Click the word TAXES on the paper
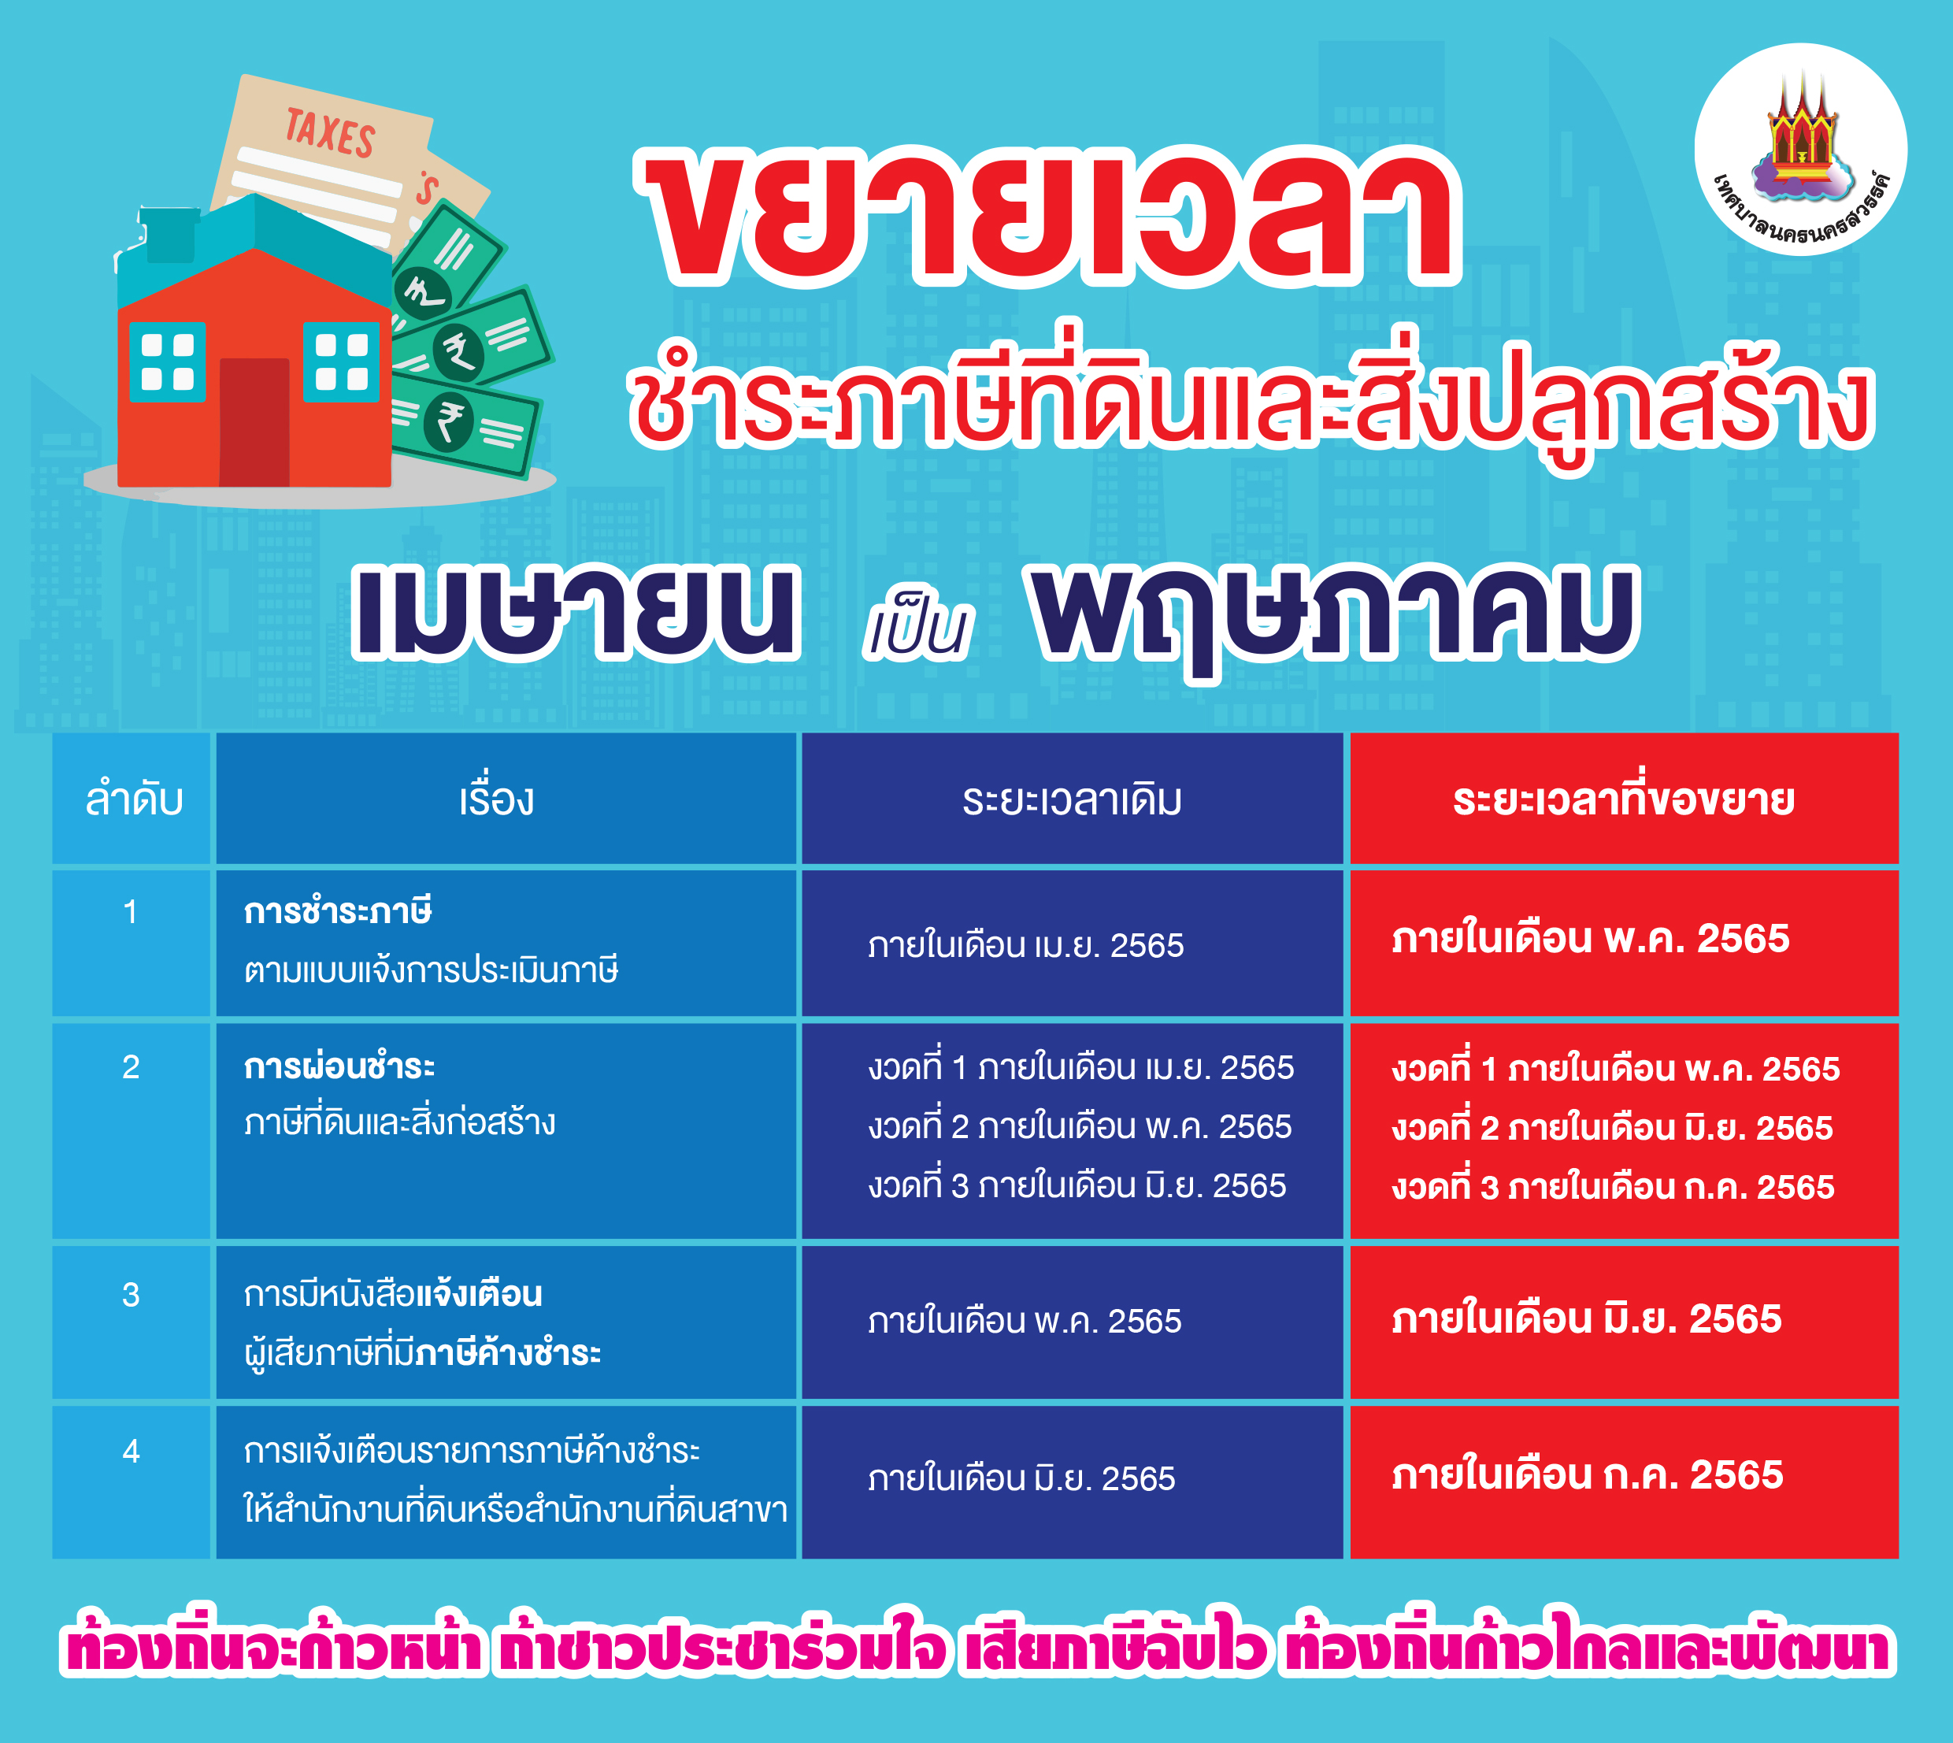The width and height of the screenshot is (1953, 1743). (x=330, y=132)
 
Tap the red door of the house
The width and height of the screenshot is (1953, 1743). (x=254, y=422)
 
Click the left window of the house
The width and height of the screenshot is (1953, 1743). (x=168, y=362)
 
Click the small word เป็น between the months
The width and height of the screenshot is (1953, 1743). (x=917, y=630)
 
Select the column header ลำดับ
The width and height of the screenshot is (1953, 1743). (x=133, y=799)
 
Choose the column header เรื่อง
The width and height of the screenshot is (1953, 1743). (x=496, y=798)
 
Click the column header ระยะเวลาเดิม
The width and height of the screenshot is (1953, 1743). (x=1073, y=799)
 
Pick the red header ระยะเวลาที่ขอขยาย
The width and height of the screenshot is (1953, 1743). (x=1624, y=799)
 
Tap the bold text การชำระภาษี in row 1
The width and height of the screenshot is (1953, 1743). (x=338, y=910)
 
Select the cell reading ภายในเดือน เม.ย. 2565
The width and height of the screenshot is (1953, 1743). (x=1025, y=945)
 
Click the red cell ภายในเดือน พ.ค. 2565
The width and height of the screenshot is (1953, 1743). (x=1590, y=939)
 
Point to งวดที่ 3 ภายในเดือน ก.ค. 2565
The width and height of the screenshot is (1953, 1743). (x=1613, y=1187)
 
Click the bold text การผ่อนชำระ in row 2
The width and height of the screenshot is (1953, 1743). (x=339, y=1066)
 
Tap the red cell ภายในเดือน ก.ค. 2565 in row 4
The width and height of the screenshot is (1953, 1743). (x=1588, y=1475)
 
